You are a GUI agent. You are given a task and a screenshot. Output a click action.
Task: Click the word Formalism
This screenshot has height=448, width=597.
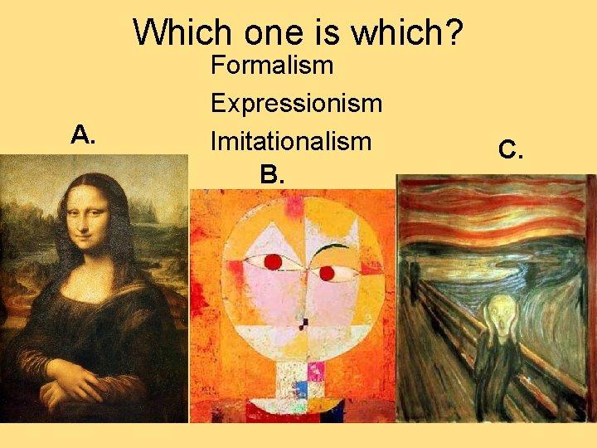click(272, 65)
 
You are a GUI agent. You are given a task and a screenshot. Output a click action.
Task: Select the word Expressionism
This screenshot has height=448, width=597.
click(296, 104)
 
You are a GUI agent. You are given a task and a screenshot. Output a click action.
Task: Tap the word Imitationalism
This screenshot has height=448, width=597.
click(290, 141)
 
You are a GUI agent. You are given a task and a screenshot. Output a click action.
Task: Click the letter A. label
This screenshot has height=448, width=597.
click(82, 134)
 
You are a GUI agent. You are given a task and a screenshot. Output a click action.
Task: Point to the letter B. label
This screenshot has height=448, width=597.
click(271, 174)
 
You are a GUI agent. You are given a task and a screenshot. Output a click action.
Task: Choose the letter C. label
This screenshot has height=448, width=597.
click(510, 150)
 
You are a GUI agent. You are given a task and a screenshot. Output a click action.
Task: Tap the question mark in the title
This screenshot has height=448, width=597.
click(454, 33)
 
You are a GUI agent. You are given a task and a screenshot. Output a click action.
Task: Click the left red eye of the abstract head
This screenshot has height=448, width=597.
click(271, 262)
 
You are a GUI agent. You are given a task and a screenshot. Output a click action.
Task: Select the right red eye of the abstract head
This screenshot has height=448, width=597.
click(327, 272)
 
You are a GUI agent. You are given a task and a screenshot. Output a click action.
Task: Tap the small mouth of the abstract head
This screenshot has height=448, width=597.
click(303, 322)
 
